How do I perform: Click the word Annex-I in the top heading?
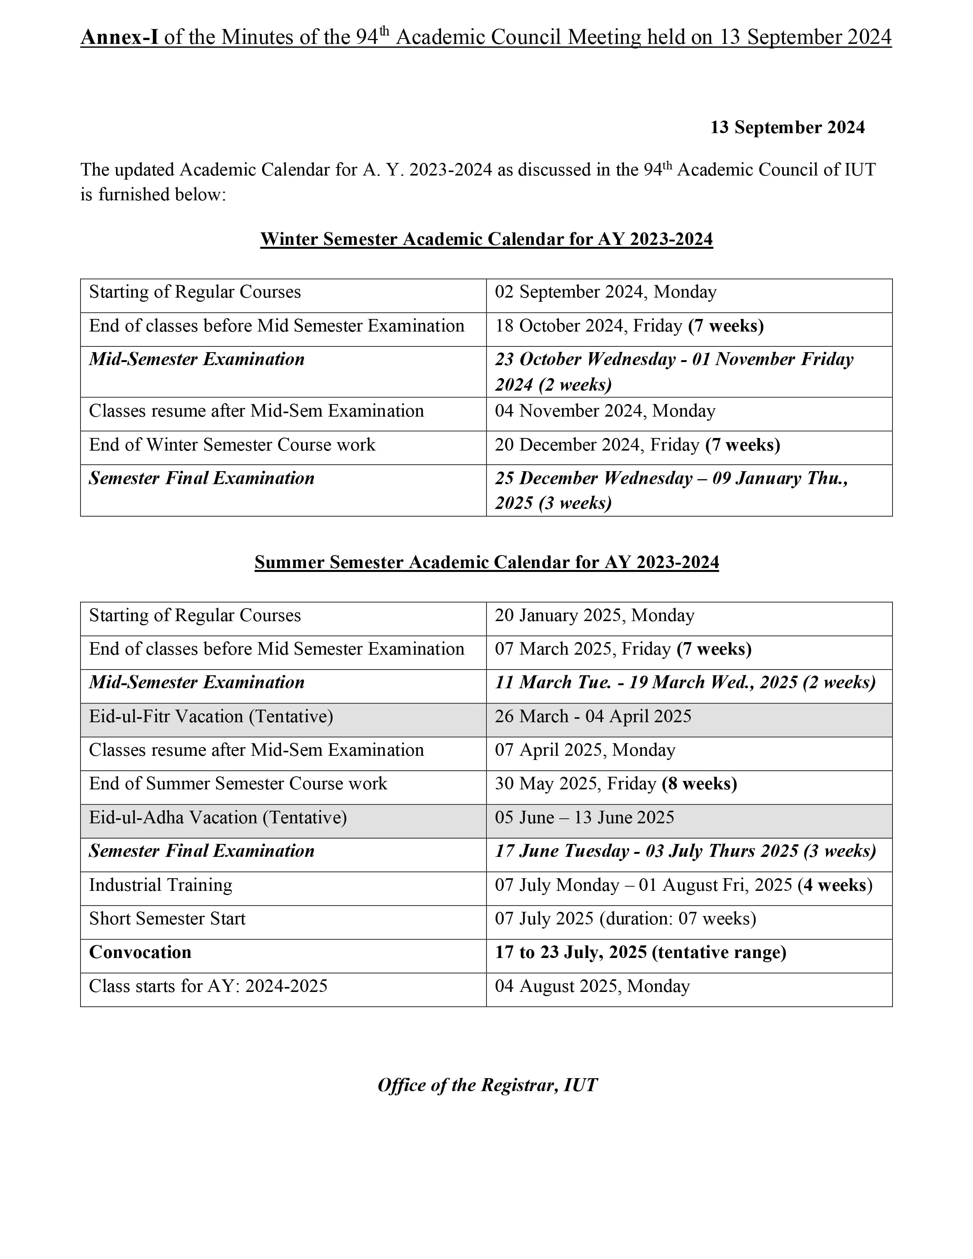click(119, 37)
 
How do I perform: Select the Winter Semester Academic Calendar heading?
click(486, 239)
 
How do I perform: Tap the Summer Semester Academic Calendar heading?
click(486, 562)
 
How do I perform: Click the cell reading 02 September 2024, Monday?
click(605, 292)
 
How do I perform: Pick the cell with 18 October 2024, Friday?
click(629, 326)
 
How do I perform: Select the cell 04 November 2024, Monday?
click(605, 411)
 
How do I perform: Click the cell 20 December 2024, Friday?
click(637, 445)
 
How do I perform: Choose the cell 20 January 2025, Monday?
click(594, 616)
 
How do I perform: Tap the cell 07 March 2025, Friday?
click(623, 649)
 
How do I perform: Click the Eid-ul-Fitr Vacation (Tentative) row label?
click(211, 716)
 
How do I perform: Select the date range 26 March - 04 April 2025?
click(593, 716)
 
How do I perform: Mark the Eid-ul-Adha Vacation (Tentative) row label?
click(218, 818)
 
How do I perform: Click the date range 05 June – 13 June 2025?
click(584, 818)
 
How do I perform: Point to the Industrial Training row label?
click(160, 885)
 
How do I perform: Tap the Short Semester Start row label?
click(167, 919)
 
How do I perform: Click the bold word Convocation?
click(140, 952)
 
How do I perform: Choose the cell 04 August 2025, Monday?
click(592, 986)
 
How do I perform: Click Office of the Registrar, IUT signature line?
click(487, 1085)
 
